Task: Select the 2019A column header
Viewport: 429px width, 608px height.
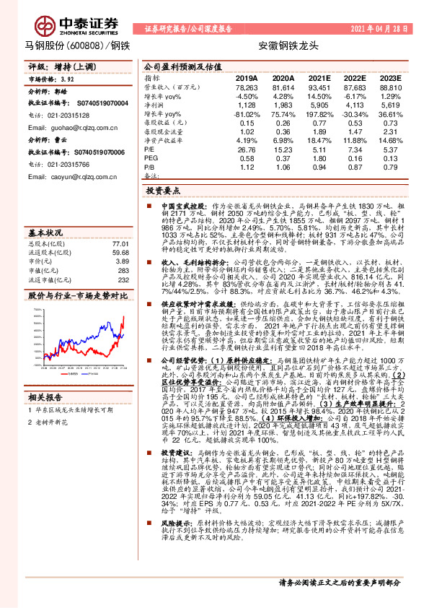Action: (x=246, y=77)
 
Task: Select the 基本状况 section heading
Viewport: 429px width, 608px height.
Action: (x=45, y=233)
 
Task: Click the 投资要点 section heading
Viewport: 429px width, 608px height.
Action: (x=163, y=191)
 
